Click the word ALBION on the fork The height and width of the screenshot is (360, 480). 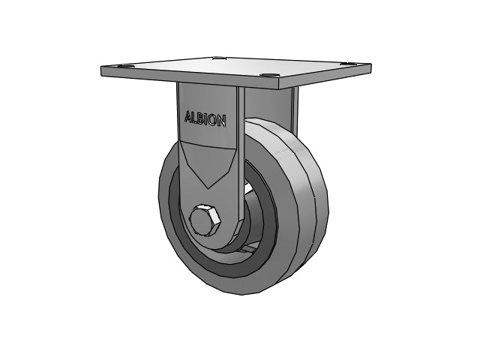click(x=205, y=118)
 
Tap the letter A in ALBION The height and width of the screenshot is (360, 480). click(x=188, y=117)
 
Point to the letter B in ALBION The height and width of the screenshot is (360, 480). click(x=201, y=118)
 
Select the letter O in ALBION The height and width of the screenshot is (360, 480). click(x=214, y=120)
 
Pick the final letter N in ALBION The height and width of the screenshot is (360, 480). click(x=223, y=121)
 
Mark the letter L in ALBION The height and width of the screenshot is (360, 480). click(x=195, y=118)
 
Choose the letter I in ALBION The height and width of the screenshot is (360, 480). click(x=207, y=119)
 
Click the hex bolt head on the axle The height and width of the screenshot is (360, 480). click(x=205, y=220)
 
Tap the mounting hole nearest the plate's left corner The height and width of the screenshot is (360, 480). click(x=127, y=66)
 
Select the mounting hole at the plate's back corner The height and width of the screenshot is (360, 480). click(x=218, y=57)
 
